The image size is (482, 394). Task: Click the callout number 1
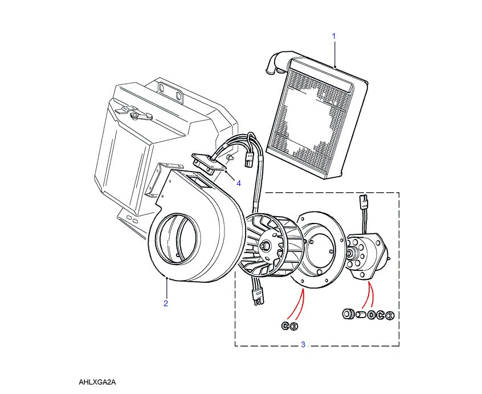click(334, 36)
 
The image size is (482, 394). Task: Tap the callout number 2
click(166, 303)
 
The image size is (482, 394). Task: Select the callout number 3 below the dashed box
click(303, 344)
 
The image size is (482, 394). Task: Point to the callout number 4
click(239, 183)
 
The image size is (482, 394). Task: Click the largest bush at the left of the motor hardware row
click(346, 314)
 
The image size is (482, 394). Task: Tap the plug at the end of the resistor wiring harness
click(249, 159)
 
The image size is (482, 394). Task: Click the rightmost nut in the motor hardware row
click(390, 315)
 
